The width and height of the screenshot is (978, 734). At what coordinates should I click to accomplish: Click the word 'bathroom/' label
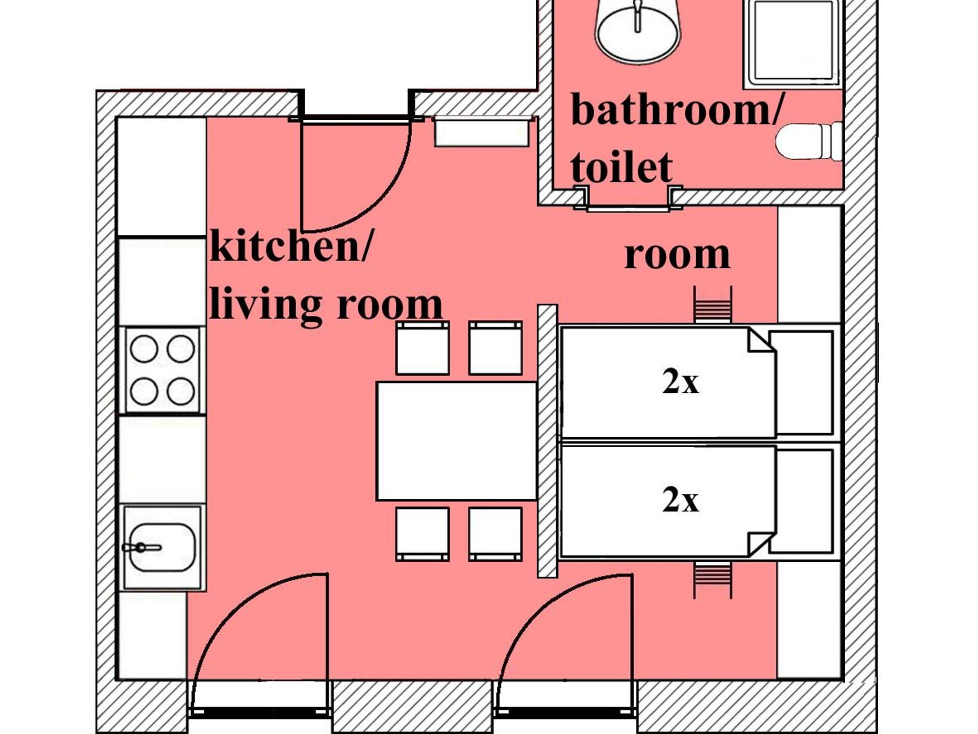pyautogui.click(x=676, y=110)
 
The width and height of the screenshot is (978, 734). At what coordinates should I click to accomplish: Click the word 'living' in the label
pyautogui.click(x=266, y=304)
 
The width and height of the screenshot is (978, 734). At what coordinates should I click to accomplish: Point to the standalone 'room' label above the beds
pyautogui.click(x=677, y=256)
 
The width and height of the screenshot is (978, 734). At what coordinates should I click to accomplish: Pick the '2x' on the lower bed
pyautogui.click(x=680, y=500)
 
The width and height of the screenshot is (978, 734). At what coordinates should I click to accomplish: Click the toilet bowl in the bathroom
pyautogui.click(x=809, y=142)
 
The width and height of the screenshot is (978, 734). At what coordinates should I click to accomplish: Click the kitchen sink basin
pyautogui.click(x=162, y=547)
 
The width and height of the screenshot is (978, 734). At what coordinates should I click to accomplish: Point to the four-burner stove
pyautogui.click(x=162, y=370)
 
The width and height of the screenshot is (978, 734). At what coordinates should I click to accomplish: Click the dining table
pyautogui.click(x=457, y=441)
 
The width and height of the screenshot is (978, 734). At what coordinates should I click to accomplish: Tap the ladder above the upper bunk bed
pyautogui.click(x=712, y=304)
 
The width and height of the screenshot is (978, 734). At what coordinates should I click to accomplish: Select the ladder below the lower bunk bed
pyautogui.click(x=712, y=579)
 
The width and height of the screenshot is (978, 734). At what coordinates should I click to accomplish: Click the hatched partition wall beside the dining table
pyautogui.click(x=547, y=441)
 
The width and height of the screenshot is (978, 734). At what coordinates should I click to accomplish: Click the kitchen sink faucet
pyautogui.click(x=141, y=547)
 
